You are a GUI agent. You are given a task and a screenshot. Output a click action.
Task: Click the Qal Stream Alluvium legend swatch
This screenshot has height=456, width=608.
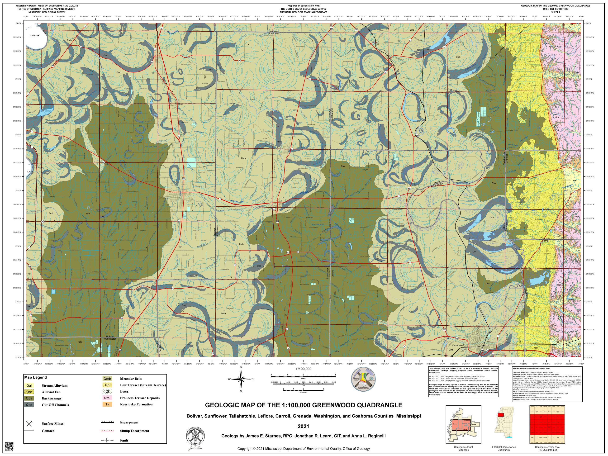[29, 386]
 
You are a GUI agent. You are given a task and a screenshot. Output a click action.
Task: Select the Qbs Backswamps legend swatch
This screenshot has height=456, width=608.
[29, 398]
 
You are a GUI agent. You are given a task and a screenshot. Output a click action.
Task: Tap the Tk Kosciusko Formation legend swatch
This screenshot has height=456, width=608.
[107, 404]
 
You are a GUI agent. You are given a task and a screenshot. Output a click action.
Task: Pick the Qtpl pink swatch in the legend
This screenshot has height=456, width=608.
[107, 398]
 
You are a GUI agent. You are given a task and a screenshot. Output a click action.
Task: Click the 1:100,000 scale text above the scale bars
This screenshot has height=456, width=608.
[304, 369]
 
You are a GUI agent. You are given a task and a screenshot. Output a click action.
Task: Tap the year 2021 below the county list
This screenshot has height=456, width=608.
[303, 427]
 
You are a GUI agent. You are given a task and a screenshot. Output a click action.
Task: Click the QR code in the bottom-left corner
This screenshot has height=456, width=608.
[9, 447]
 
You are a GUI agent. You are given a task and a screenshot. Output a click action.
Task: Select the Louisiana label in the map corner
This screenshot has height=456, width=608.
[34, 35]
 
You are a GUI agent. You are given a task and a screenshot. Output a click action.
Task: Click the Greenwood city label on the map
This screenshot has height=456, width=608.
[458, 345]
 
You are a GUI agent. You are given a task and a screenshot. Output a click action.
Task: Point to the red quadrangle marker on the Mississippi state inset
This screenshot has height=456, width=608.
[501, 415]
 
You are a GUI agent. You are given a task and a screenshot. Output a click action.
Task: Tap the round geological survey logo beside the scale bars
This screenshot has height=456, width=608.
[363, 380]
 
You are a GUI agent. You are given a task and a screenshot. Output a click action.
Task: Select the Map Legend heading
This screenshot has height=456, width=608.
[35, 377]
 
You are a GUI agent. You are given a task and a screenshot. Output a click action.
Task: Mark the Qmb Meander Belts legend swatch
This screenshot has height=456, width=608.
[107, 379]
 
